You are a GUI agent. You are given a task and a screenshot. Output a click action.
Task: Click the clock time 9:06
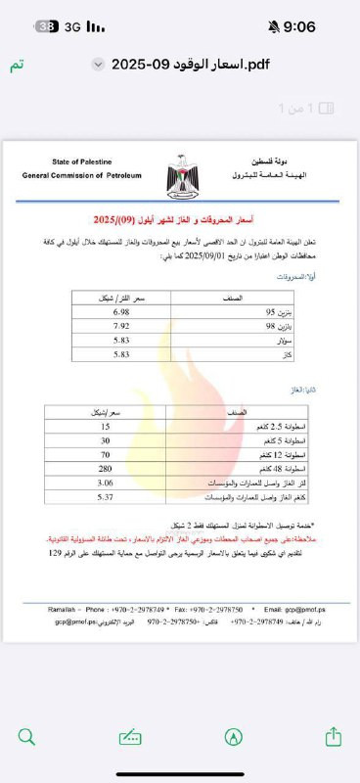300,27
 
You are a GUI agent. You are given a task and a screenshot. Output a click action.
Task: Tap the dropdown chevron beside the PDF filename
97,65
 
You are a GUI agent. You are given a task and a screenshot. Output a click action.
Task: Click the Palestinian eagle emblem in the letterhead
181,168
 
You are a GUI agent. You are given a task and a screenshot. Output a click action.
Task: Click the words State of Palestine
83,161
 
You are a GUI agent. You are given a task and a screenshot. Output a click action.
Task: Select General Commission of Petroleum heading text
83,175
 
